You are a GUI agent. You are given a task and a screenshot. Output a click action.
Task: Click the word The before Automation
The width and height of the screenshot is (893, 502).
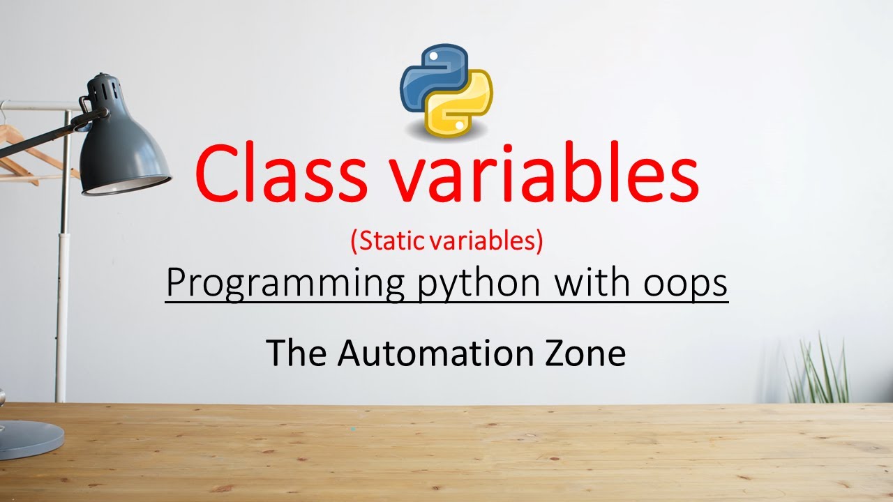point(298,353)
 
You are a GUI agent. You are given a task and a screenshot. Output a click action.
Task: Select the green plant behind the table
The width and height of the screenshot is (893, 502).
point(820,373)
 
